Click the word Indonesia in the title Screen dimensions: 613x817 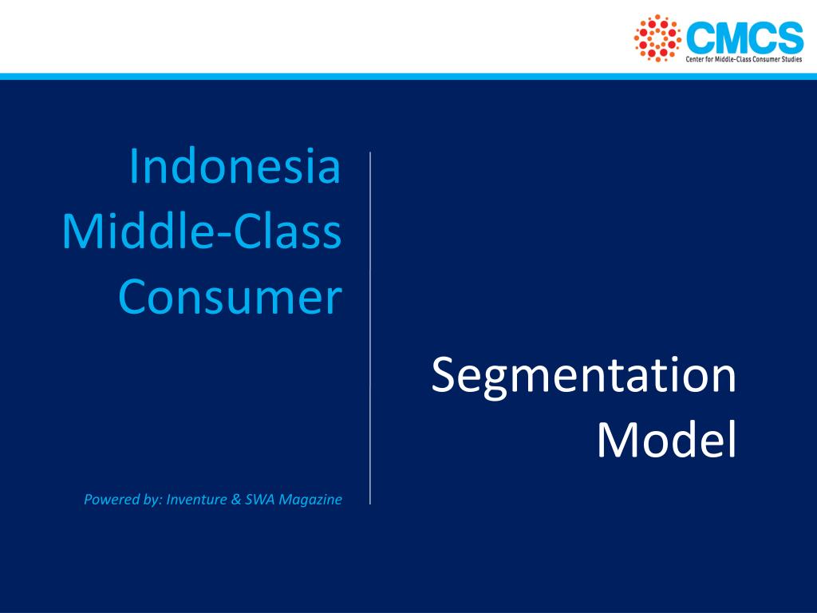pyautogui.click(x=235, y=167)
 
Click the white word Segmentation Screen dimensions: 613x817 pyautogui.click(x=583, y=376)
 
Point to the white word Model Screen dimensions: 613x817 pyautogui.click(x=666, y=441)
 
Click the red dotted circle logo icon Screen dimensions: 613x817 pyautogui.click(x=657, y=38)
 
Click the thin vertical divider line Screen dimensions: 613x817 pyautogui.click(x=370, y=327)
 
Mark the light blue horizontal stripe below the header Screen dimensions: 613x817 pyautogui.click(x=408, y=77)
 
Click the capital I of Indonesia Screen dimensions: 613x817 pyautogui.click(x=133, y=167)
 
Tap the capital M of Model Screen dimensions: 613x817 pyautogui.click(x=615, y=441)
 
